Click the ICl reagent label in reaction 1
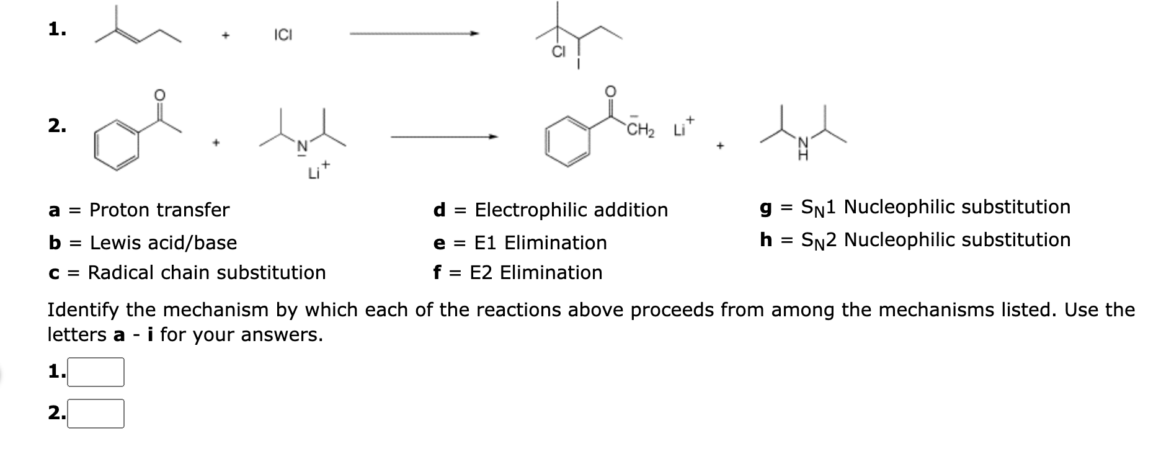coord(283,35)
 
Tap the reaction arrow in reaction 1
coord(414,34)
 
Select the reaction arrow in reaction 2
coord(444,136)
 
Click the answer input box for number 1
coord(96,372)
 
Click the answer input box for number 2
coord(96,414)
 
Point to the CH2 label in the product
coord(640,131)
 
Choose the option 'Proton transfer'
coord(159,210)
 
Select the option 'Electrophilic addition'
coord(571,210)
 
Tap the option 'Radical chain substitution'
coord(207,272)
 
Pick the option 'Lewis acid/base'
coord(163,242)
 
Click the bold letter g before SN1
coord(766,207)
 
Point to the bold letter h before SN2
coord(766,239)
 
